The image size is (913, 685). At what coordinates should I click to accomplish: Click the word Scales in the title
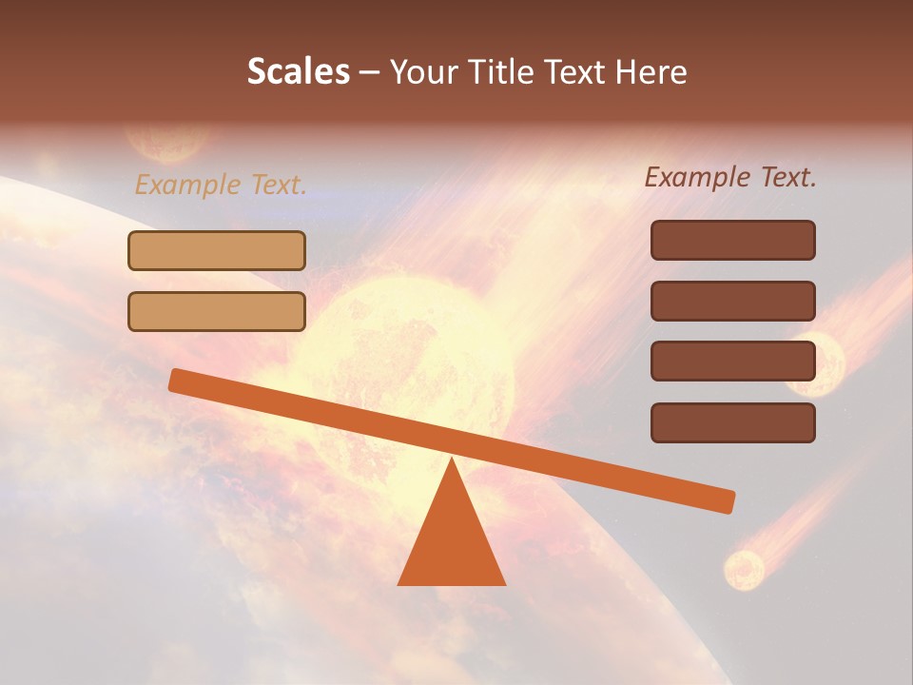click(298, 72)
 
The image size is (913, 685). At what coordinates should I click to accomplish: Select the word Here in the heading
click(651, 72)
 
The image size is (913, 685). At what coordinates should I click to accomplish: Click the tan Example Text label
click(221, 185)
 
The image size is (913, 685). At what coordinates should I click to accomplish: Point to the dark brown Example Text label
click(730, 177)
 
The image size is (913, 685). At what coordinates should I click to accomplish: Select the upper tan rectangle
click(217, 251)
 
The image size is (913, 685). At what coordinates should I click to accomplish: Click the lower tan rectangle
click(217, 311)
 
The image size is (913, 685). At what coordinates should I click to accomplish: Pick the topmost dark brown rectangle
click(732, 240)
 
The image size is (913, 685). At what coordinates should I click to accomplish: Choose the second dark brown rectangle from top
click(732, 301)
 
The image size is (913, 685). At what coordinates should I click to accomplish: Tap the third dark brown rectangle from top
click(732, 362)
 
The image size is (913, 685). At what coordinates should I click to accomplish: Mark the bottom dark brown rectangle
click(732, 422)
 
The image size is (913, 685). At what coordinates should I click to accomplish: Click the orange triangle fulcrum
click(451, 542)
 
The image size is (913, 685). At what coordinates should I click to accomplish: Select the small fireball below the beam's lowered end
click(744, 569)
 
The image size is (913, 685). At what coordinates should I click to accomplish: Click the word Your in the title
click(424, 72)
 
